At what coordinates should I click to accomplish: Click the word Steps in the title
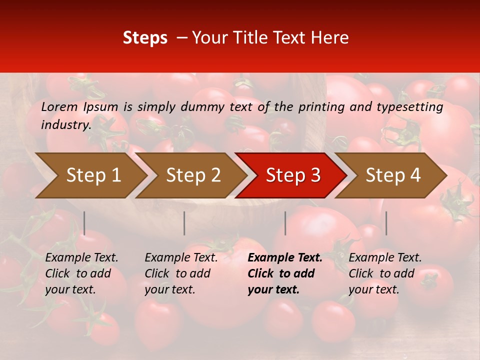coord(145,38)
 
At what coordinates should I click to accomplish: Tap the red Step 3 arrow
coord(293,175)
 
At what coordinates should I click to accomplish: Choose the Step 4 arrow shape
coord(393,175)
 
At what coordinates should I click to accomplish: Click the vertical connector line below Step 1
coord(84,223)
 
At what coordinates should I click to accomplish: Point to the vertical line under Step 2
coord(184,223)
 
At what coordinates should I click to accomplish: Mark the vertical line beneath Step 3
coord(285,223)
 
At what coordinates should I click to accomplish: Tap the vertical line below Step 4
coord(386,223)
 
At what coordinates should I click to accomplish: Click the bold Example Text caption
coord(285,258)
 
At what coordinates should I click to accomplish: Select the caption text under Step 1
coord(81,273)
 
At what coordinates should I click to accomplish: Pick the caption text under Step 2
coord(181,273)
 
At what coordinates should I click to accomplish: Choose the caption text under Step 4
coord(385,273)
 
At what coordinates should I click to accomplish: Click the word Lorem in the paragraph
coord(59,107)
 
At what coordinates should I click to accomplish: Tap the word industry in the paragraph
coord(65,124)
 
